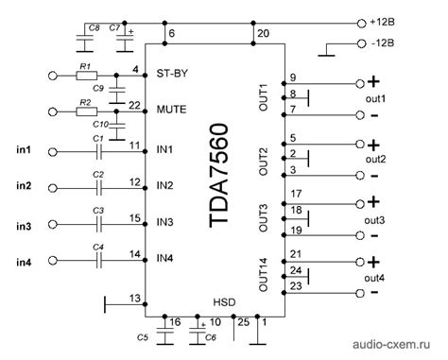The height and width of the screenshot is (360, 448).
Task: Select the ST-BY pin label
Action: pos(170,71)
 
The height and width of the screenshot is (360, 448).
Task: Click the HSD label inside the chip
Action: pos(223,302)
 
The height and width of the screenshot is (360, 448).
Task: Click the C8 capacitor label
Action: pos(94,29)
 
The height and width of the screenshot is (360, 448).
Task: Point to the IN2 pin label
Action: pos(165,184)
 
